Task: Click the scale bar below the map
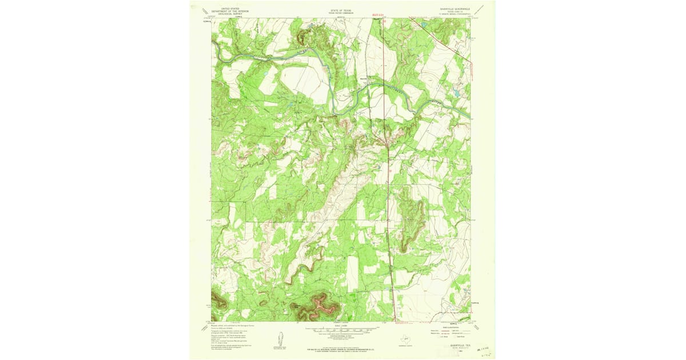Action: pos(341,330)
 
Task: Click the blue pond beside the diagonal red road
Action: pos(424,25)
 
